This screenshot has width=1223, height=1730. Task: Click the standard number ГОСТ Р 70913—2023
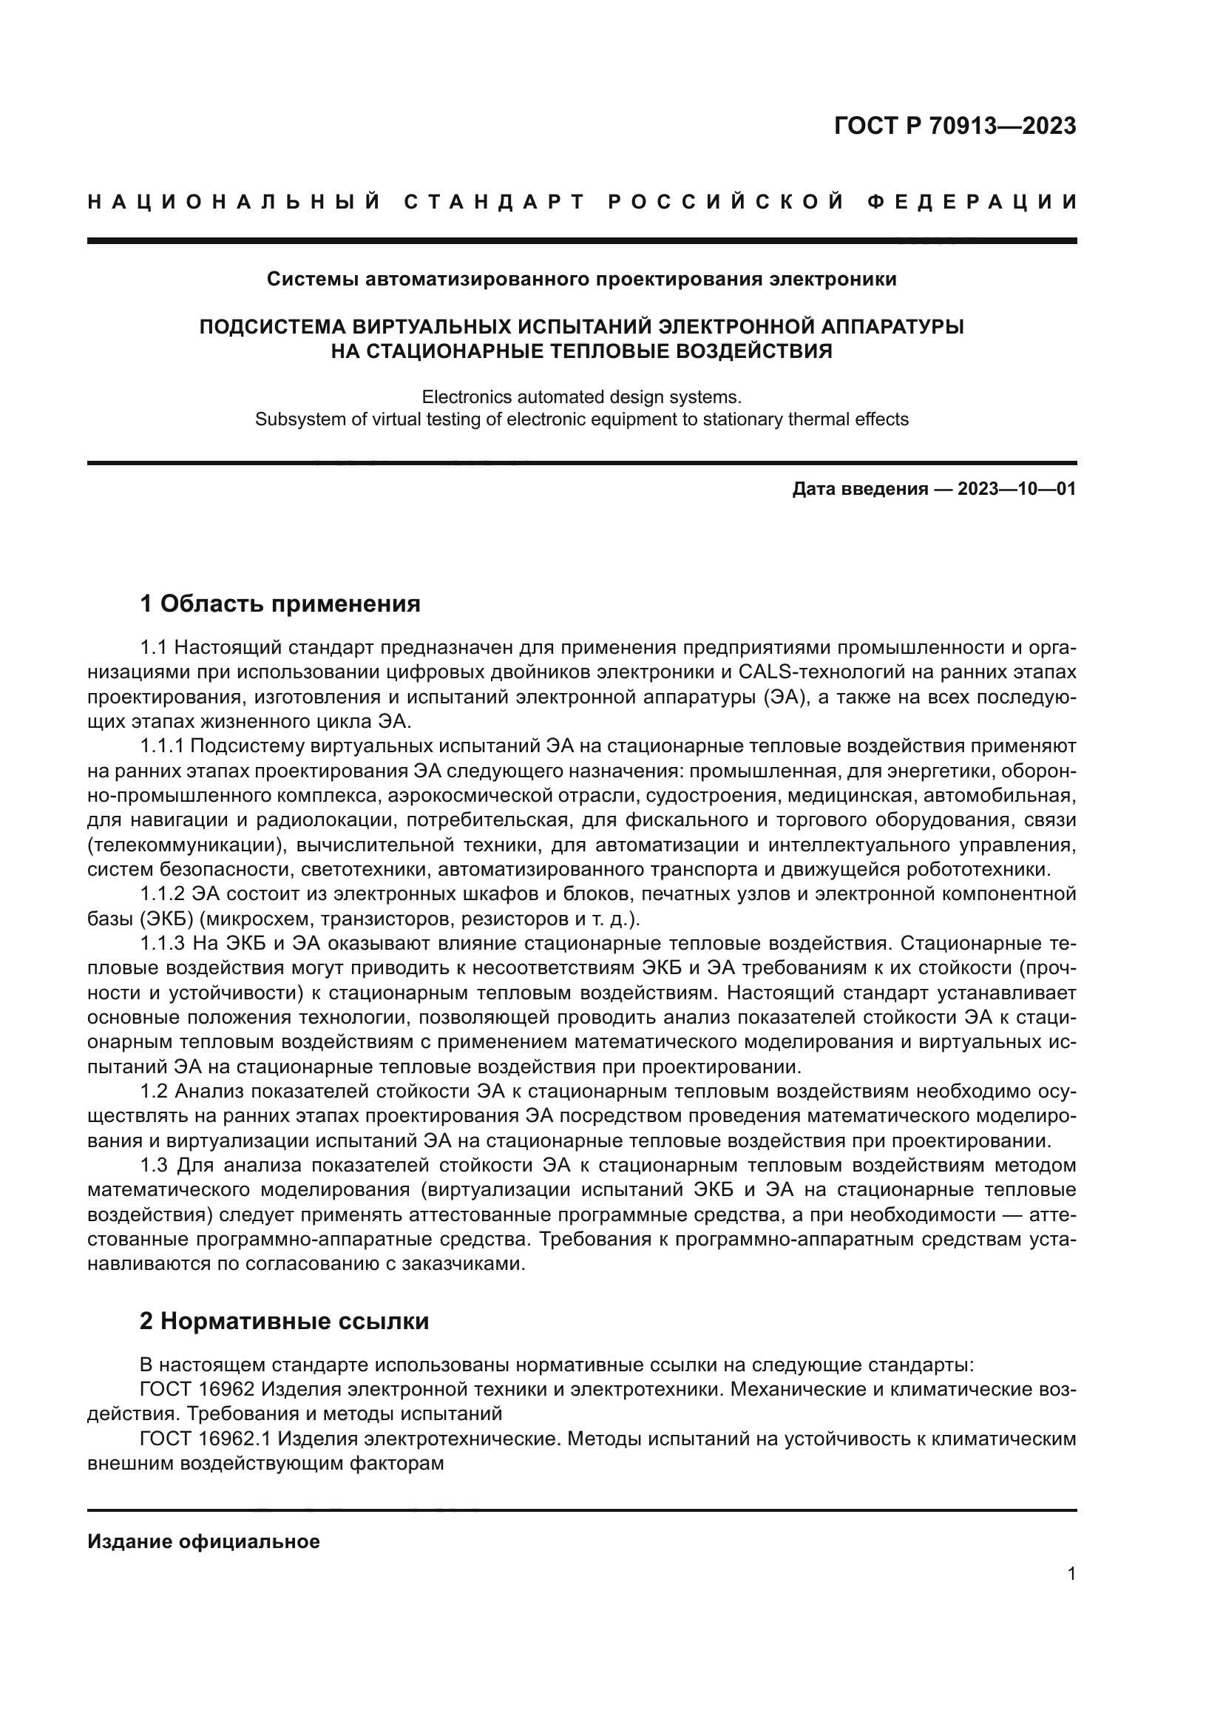[955, 126]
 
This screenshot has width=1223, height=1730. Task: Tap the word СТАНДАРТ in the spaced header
[495, 202]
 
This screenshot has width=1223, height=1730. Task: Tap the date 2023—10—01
[1017, 489]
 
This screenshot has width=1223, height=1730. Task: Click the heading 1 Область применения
[280, 604]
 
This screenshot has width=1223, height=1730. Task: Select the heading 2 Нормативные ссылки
[285, 1322]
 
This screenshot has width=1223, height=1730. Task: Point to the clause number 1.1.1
[163, 746]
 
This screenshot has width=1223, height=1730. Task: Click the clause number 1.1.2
[163, 894]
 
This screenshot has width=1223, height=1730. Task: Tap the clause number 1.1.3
[163, 943]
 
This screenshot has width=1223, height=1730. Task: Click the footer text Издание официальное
[203, 1541]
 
